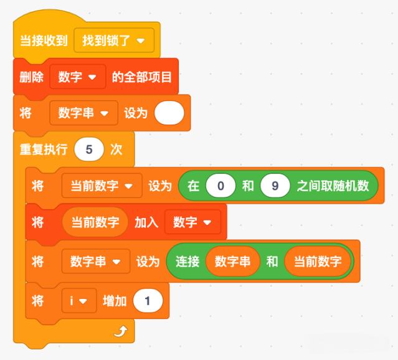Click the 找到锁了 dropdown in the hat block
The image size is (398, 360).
pyautogui.click(x=114, y=40)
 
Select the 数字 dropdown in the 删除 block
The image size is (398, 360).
pyautogui.click(x=78, y=77)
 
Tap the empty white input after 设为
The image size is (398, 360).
pyautogui.click(x=169, y=113)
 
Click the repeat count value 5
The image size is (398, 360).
pyautogui.click(x=89, y=149)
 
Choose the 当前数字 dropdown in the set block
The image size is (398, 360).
pyautogui.click(x=102, y=186)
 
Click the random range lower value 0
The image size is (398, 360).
pyautogui.click(x=221, y=186)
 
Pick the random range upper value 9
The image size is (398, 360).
pyautogui.click(x=275, y=186)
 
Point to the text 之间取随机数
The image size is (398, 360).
pyautogui.click(x=333, y=186)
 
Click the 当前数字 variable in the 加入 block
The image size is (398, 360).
pyautogui.click(x=95, y=222)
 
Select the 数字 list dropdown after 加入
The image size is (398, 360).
pyautogui.click(x=192, y=222)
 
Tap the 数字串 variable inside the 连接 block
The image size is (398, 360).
pyautogui.click(x=233, y=261)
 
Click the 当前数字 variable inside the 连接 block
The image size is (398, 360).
pyautogui.click(x=318, y=261)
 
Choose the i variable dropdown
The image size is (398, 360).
pyautogui.click(x=79, y=301)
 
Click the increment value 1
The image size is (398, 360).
pyautogui.click(x=148, y=301)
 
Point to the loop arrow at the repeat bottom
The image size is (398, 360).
pyautogui.click(x=121, y=331)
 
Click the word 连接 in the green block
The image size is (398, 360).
pyautogui.click(x=187, y=262)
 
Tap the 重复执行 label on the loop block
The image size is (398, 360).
pyautogui.click(x=44, y=149)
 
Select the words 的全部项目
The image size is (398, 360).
pyautogui.click(x=142, y=77)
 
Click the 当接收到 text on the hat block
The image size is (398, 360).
pyautogui.click(x=44, y=40)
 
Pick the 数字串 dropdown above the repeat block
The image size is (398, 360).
pyautogui.click(x=83, y=113)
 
